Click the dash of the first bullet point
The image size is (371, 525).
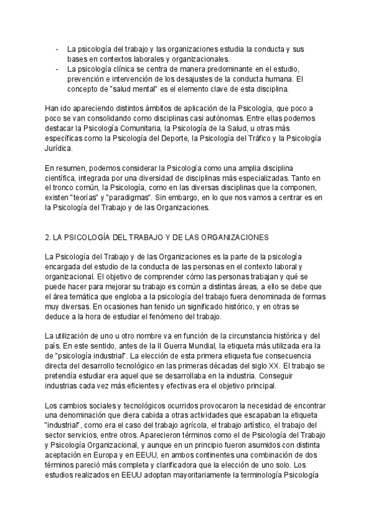click(x=57, y=48)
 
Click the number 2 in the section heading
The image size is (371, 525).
click(x=48, y=236)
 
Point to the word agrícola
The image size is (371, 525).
click(x=207, y=427)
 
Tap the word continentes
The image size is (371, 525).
click(x=231, y=457)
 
